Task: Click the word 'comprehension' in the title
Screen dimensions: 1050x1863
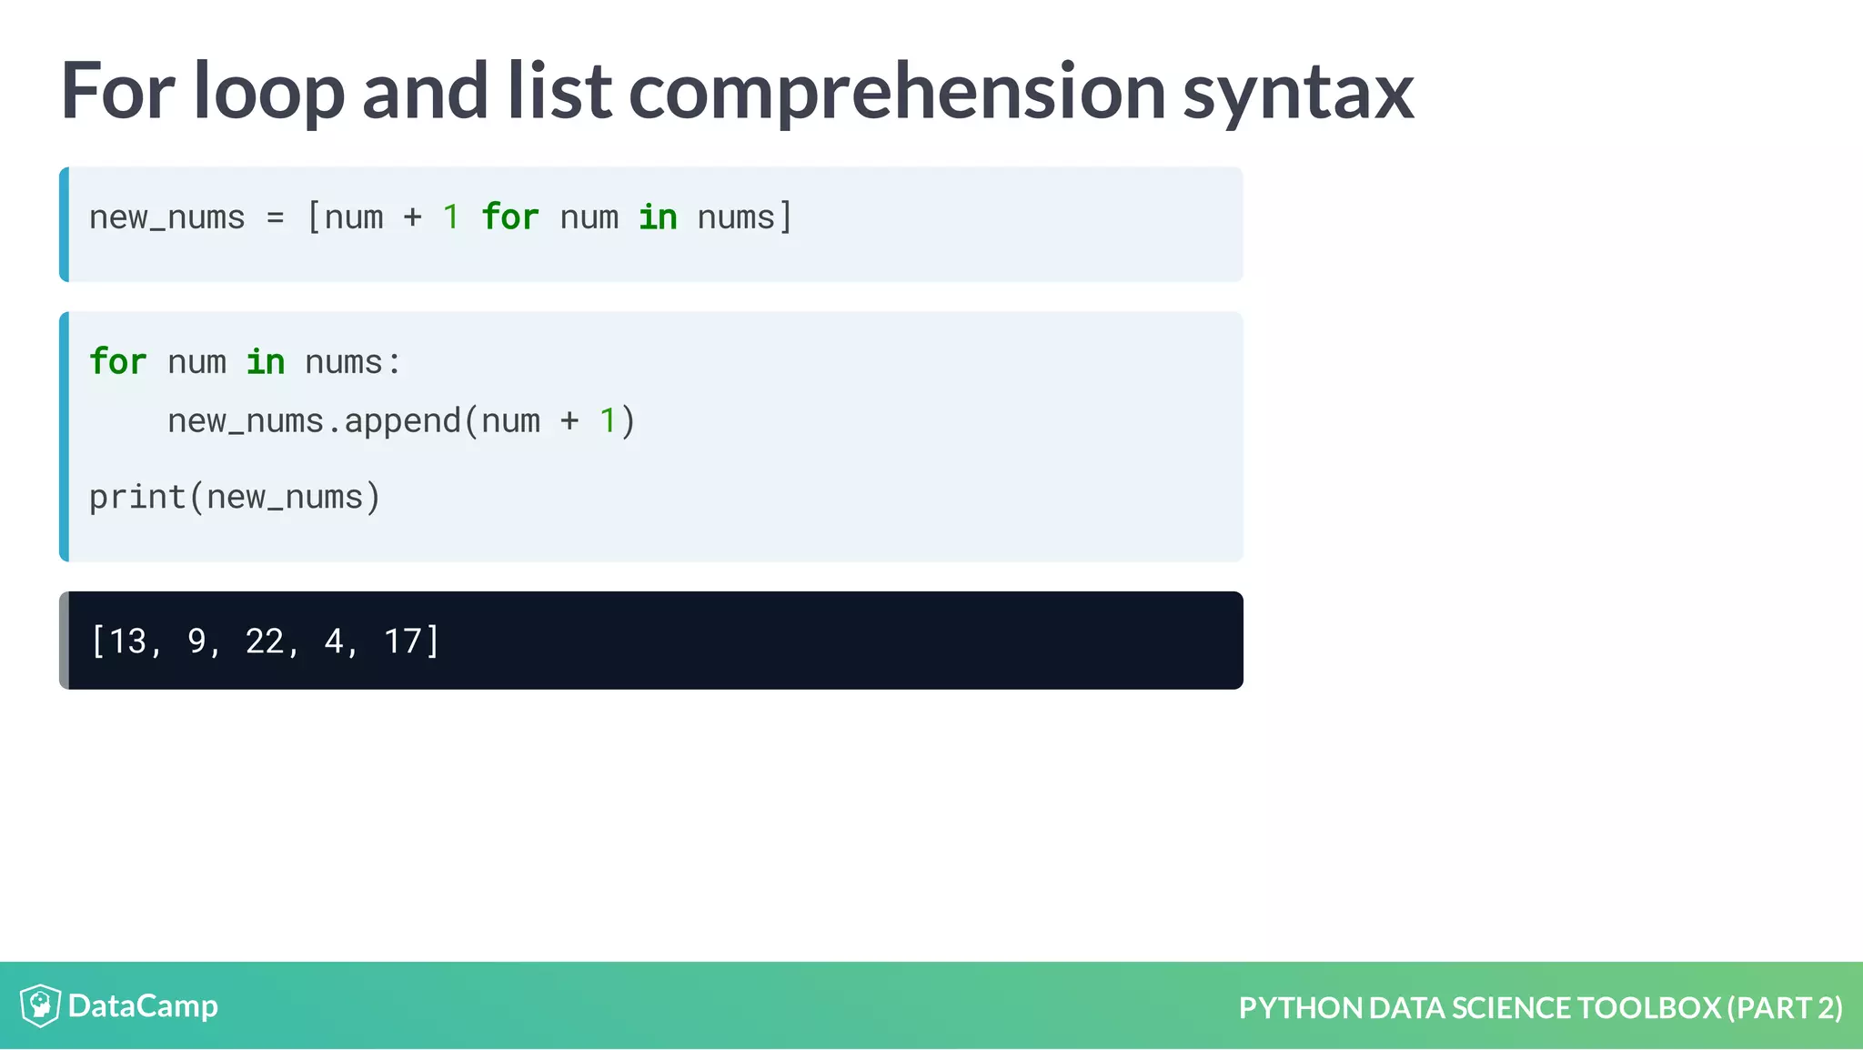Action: pyautogui.click(x=896, y=91)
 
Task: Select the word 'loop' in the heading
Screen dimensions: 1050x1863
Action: pyautogui.click(x=268, y=91)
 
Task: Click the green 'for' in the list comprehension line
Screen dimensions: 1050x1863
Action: pyautogui.click(x=509, y=217)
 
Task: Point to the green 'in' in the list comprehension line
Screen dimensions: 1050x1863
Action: pyautogui.click(x=658, y=217)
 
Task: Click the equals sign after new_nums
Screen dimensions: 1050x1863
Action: pyautogui.click(x=275, y=218)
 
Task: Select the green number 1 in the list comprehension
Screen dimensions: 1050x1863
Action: pyautogui.click(x=451, y=217)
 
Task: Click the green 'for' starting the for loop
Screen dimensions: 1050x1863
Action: pyautogui.click(x=117, y=362)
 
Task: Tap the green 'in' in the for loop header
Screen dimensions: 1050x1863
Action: pyautogui.click(x=266, y=362)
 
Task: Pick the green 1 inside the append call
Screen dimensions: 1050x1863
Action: pyautogui.click(x=608, y=421)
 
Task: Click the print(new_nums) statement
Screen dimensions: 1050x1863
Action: pyautogui.click(x=235, y=498)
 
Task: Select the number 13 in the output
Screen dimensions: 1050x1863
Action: pyautogui.click(x=127, y=641)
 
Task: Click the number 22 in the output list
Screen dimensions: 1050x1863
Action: pyautogui.click(x=265, y=641)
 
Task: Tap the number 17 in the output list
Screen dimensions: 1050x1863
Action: pyautogui.click(x=403, y=641)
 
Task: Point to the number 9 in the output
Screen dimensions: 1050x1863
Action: pyautogui.click(x=196, y=641)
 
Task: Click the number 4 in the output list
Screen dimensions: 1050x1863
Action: pyautogui.click(x=334, y=641)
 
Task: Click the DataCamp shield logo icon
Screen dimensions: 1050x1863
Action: pyautogui.click(x=40, y=1005)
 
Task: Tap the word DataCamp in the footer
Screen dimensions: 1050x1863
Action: pyautogui.click(x=143, y=1005)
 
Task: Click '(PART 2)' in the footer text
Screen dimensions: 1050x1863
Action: pyautogui.click(x=1785, y=1007)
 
